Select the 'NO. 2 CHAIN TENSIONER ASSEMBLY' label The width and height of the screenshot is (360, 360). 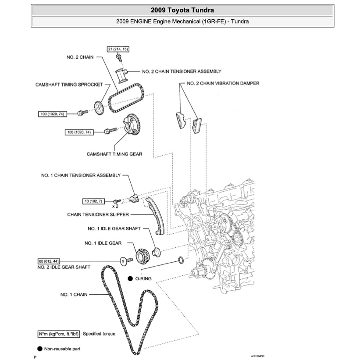(182, 71)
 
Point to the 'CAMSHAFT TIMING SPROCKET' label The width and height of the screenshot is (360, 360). (69, 84)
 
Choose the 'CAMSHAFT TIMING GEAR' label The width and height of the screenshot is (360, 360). (114, 154)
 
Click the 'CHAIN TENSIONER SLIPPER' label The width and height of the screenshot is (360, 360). (98, 214)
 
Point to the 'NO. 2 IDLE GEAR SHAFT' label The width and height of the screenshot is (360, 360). (64, 267)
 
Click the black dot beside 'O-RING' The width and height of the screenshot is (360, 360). (130, 278)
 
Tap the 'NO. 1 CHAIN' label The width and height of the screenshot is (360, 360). (74, 295)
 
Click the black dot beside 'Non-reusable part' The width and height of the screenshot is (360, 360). (40, 349)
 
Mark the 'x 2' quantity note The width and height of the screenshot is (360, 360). (116, 205)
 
